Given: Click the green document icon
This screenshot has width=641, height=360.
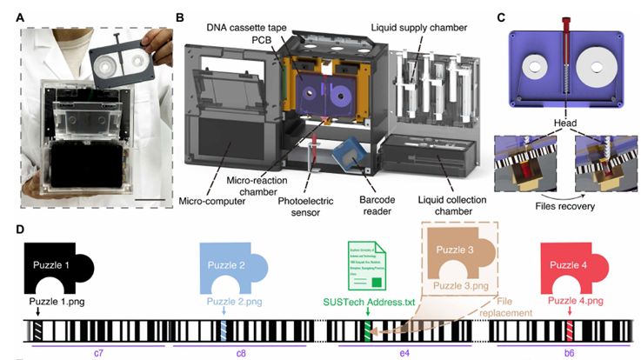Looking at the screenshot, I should tap(367, 268).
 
